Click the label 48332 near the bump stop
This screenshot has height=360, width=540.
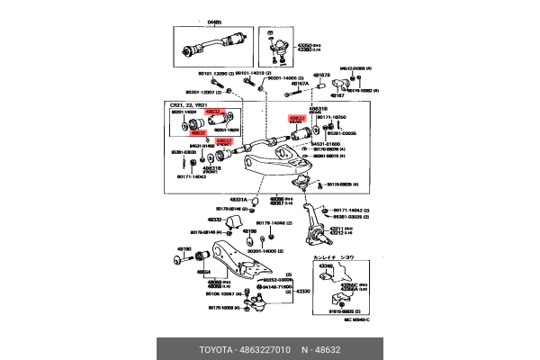(213, 219)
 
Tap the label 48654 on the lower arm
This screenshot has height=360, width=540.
(205, 272)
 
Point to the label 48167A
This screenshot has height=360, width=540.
(299, 84)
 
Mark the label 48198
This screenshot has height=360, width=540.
(249, 231)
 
